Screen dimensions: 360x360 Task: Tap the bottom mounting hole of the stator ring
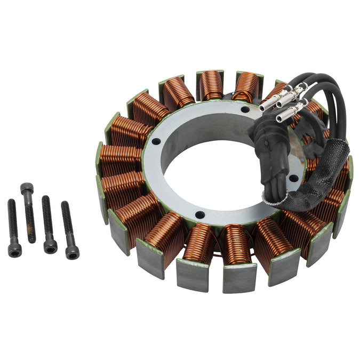199,215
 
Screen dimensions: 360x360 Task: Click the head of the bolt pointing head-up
27,188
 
